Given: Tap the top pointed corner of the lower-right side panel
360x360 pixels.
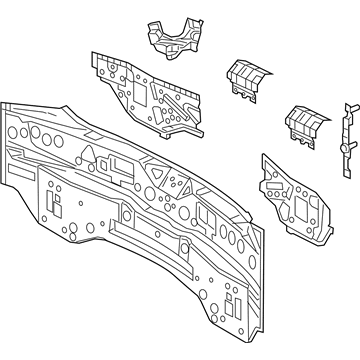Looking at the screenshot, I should [x=264, y=156].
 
